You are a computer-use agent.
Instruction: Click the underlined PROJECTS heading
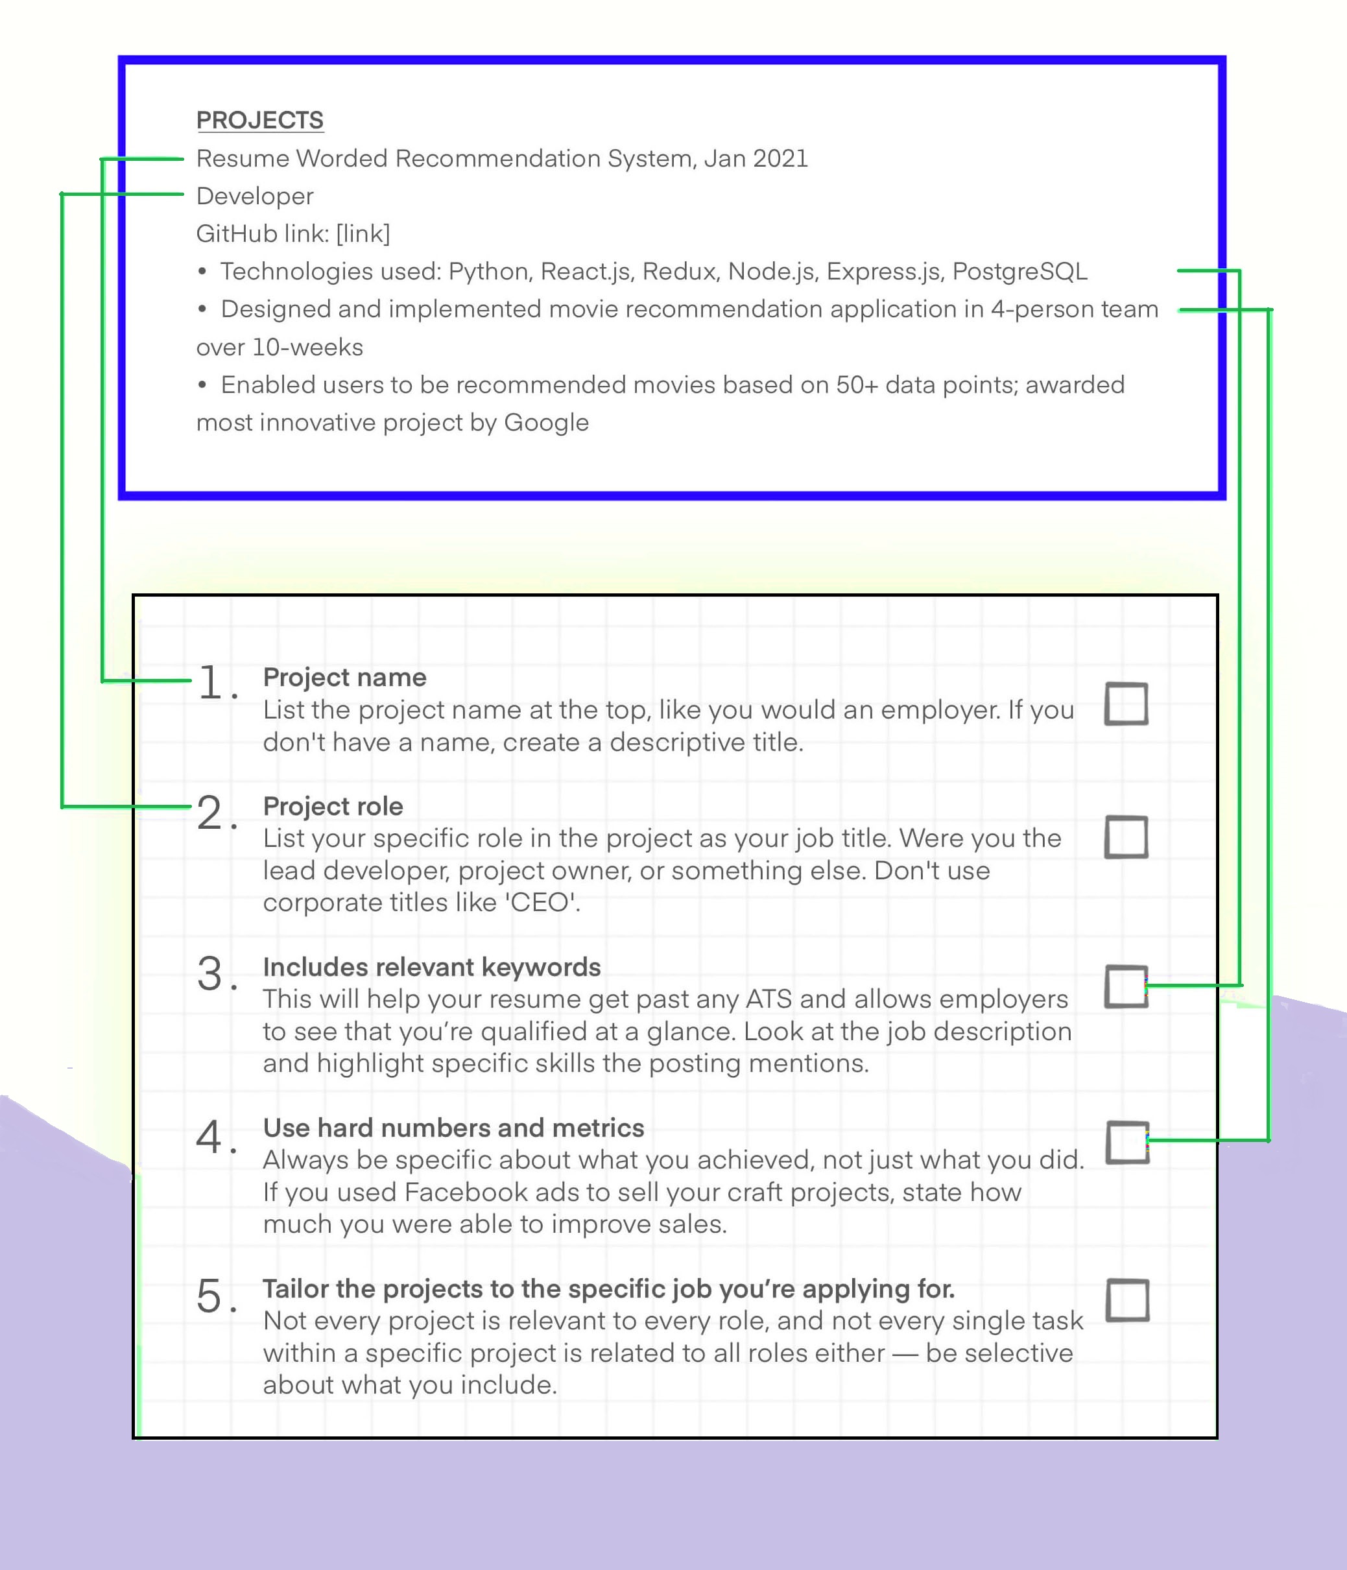(x=259, y=120)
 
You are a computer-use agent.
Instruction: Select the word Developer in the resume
(x=255, y=196)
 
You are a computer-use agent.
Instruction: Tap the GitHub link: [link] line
(x=293, y=233)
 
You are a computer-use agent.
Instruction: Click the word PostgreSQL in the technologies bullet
(x=1019, y=271)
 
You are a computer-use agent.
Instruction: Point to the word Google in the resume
(x=545, y=422)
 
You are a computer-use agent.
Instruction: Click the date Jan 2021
(x=756, y=158)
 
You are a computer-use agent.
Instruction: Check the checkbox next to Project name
(x=1126, y=704)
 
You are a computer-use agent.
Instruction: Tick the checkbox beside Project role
(x=1126, y=837)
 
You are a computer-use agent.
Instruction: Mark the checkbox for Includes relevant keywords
(x=1126, y=986)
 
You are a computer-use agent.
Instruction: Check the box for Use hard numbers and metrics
(x=1127, y=1142)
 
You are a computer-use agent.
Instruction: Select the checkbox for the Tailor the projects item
(x=1127, y=1300)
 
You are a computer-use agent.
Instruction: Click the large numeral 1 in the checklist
(x=211, y=682)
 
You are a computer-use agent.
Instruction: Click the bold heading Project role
(x=333, y=806)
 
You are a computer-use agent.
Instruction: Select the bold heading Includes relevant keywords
(x=431, y=967)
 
